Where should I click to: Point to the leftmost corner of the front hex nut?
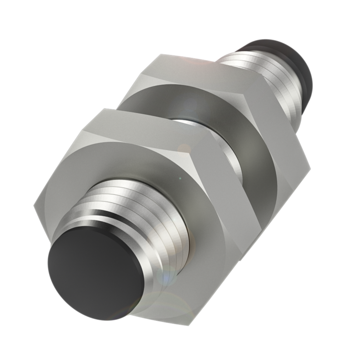point(34,207)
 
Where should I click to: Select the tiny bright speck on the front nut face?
point(180,178)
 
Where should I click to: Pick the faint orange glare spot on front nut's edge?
point(184,148)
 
